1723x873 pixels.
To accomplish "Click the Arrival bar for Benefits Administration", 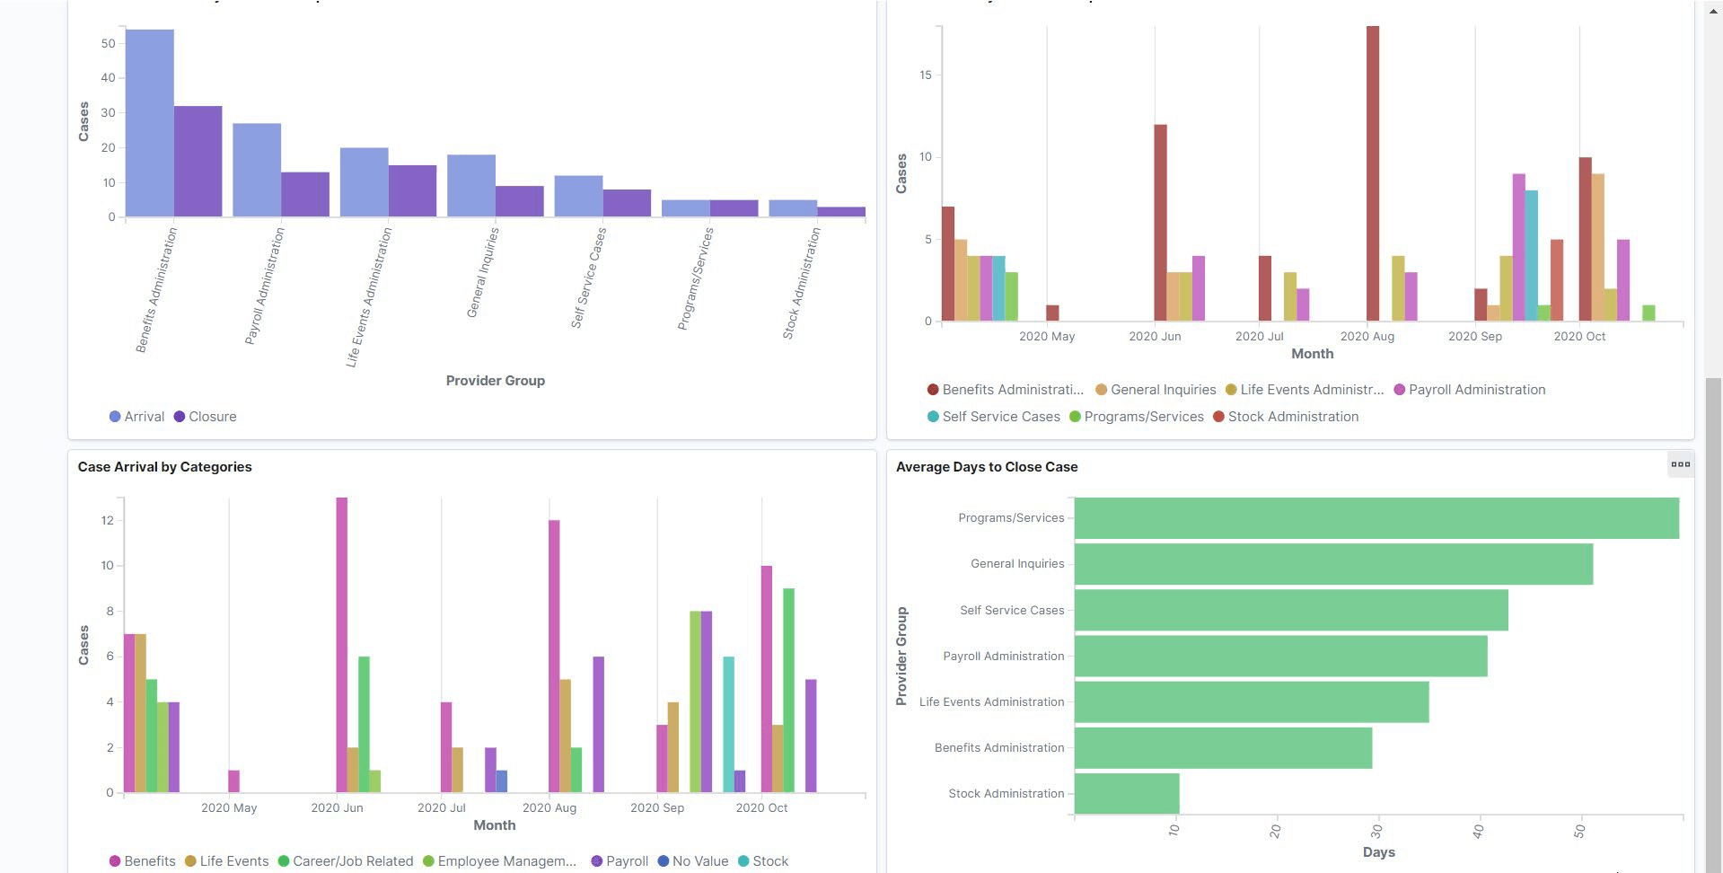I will [x=149, y=123].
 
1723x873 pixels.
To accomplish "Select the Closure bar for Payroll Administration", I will [x=305, y=194].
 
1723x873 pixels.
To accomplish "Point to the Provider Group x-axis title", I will [x=495, y=381].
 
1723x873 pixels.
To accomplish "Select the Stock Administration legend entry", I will [x=1292, y=417].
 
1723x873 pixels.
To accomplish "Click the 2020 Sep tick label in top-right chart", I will [x=1474, y=336].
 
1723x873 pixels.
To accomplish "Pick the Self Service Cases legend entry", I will [x=1000, y=417].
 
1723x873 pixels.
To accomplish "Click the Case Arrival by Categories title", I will [x=164, y=467].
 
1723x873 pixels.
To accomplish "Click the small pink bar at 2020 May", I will [x=233, y=781].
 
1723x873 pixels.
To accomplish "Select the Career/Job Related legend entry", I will [x=352, y=861].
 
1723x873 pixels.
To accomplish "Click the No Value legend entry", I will [x=699, y=861].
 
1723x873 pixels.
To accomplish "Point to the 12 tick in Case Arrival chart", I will [x=108, y=520].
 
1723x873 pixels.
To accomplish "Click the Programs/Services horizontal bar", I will [x=1376, y=518].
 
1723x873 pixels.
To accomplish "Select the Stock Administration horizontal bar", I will [x=1126, y=793].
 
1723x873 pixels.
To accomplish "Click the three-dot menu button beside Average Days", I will [x=1680, y=464].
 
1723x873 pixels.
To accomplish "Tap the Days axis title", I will [x=1378, y=852].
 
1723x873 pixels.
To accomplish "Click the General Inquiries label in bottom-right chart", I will [x=1016, y=564].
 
